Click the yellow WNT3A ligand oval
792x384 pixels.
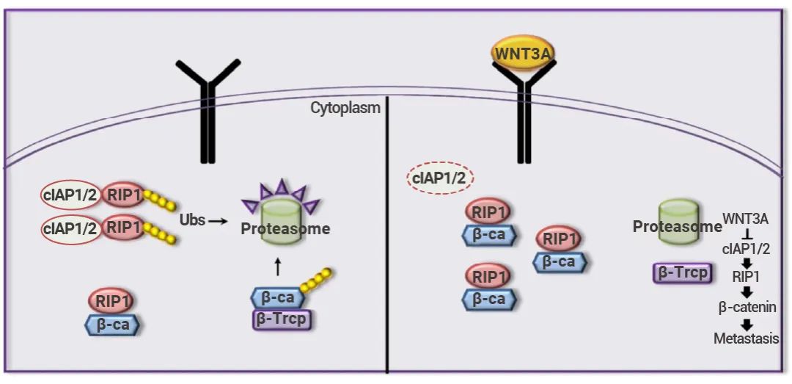tap(523, 54)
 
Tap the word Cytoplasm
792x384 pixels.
tap(345, 108)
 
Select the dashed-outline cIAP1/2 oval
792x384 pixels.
tap(441, 178)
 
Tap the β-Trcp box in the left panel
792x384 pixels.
tap(282, 320)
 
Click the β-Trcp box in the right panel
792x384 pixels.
tap(683, 273)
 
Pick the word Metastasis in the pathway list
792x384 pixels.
tap(746, 338)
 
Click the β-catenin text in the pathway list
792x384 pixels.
tap(748, 308)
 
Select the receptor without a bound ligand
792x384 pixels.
tap(209, 110)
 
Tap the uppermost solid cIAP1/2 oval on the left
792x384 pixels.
tap(70, 195)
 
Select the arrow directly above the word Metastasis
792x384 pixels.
tap(747, 324)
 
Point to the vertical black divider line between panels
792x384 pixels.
tap(387, 242)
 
